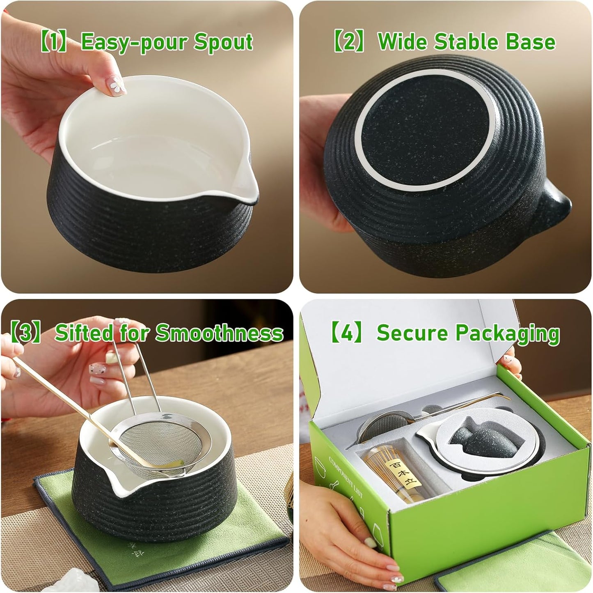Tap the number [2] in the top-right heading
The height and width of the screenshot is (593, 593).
pos(348,42)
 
